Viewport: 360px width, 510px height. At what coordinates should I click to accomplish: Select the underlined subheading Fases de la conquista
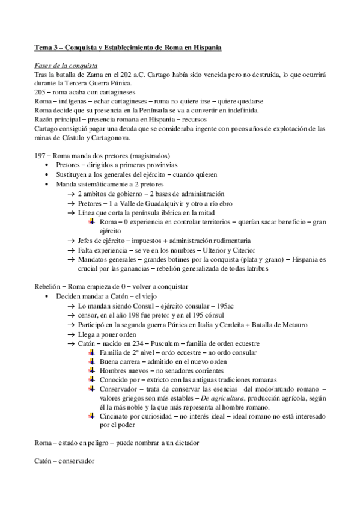click(67, 65)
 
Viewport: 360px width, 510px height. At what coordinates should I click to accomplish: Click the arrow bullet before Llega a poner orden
click(71, 334)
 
